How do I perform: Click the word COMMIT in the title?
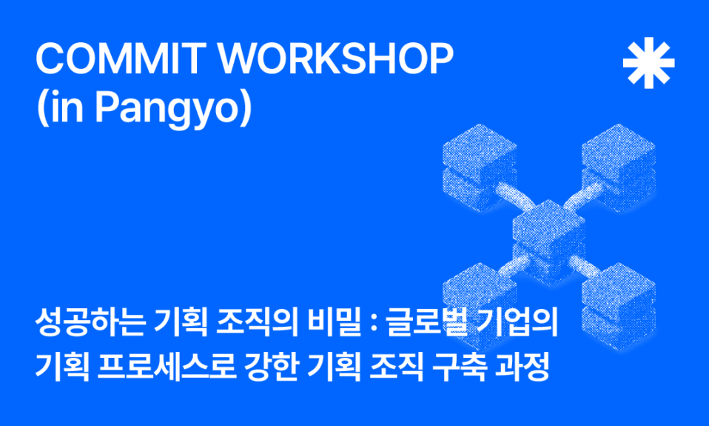coord(118,59)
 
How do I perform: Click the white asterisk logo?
coord(648,62)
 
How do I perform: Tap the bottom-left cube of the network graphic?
coord(480,301)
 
